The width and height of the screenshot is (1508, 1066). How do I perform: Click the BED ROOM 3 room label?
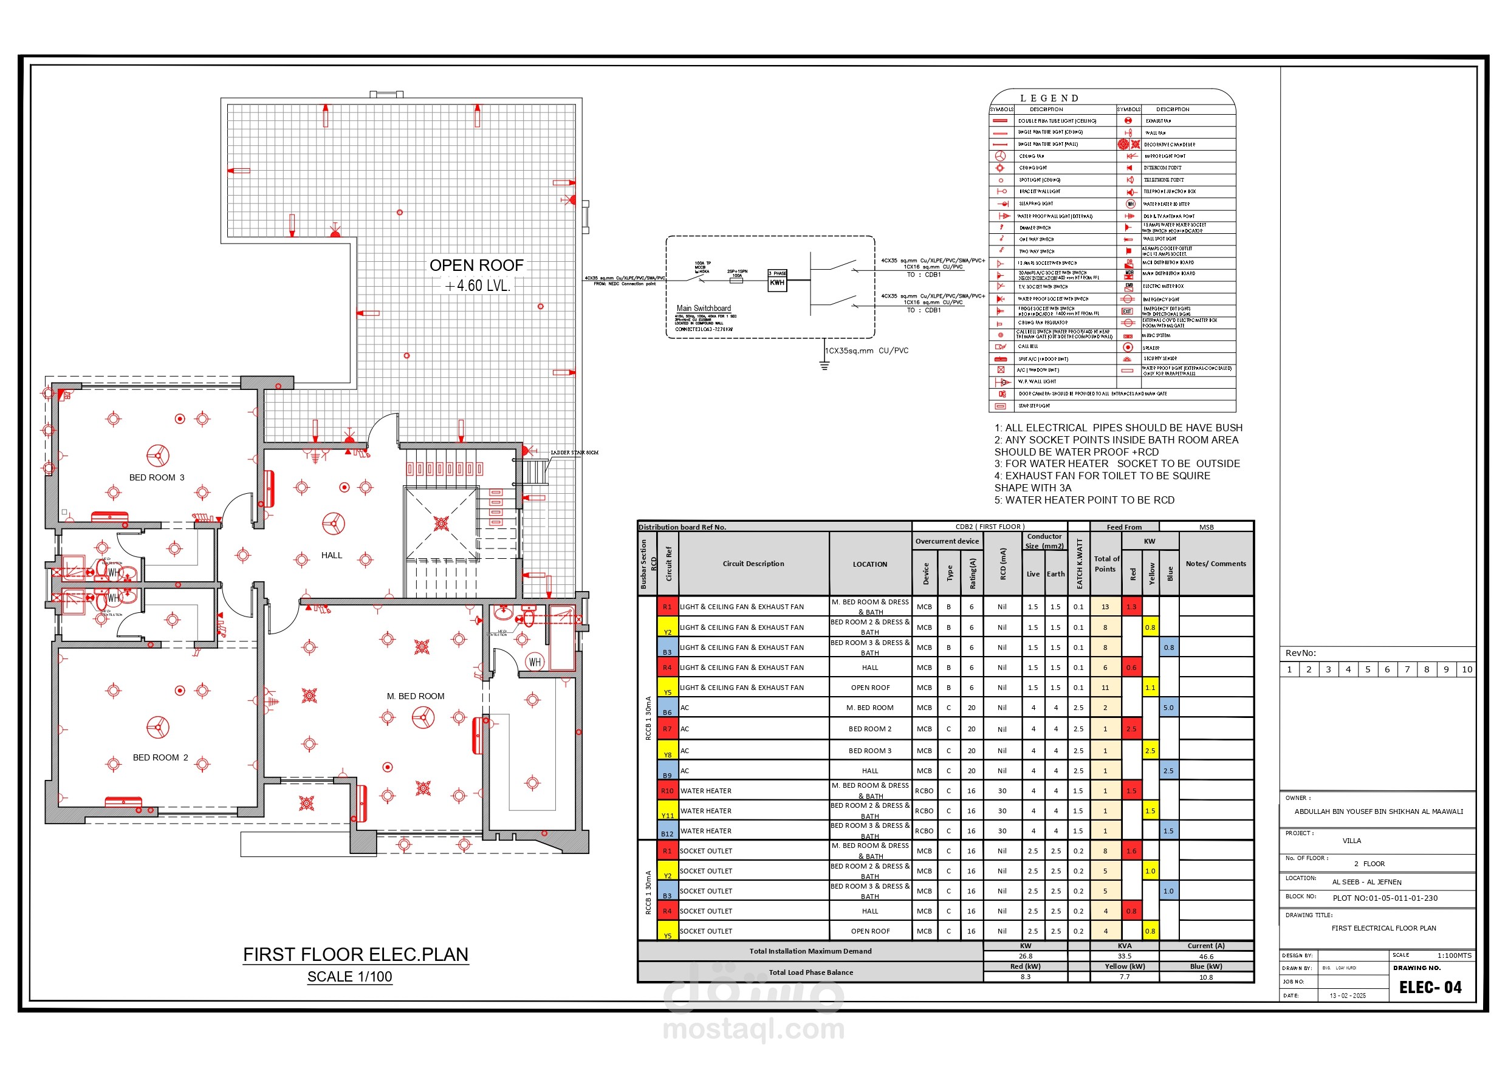tap(156, 477)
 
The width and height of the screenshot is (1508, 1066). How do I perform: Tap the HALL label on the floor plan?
tap(332, 555)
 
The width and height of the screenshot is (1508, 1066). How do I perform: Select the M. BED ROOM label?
tap(415, 696)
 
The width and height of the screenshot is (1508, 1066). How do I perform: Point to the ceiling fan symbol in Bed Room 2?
tap(157, 726)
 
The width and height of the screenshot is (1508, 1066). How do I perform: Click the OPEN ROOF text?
tap(476, 265)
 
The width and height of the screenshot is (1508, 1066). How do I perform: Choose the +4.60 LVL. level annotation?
tap(477, 285)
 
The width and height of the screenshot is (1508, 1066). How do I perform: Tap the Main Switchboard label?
tap(704, 308)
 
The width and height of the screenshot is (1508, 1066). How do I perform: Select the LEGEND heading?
tap(1049, 98)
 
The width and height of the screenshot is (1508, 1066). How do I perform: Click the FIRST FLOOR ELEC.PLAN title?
tap(355, 954)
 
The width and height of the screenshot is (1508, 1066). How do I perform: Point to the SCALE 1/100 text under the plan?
tap(349, 977)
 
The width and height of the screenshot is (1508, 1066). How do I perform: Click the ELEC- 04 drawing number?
tap(1430, 987)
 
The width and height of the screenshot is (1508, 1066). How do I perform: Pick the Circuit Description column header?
tap(753, 564)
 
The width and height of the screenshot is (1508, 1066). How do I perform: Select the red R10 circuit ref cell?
tap(667, 791)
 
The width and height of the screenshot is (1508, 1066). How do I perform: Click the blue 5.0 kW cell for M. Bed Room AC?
tap(1168, 708)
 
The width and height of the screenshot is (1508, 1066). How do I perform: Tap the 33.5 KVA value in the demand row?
tap(1125, 956)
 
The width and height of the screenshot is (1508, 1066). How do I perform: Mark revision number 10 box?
tap(1467, 669)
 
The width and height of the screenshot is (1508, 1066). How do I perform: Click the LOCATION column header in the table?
tap(869, 564)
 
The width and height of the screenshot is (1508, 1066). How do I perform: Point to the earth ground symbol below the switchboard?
tap(824, 365)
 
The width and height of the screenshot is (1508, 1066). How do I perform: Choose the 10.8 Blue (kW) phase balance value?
tap(1206, 977)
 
